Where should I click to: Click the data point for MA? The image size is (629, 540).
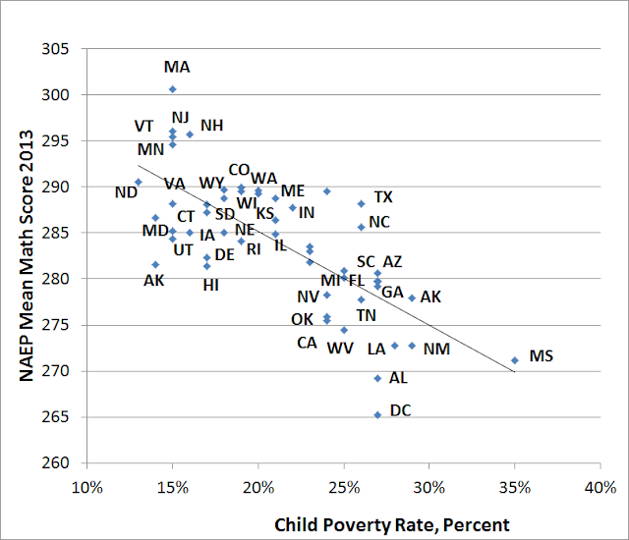point(173,89)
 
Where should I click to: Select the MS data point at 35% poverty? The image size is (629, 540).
point(514,360)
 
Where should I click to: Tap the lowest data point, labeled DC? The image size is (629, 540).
point(377,415)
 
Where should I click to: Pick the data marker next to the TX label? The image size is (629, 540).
point(361,203)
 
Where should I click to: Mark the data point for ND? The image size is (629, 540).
point(139,183)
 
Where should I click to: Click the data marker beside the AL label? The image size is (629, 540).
point(377,378)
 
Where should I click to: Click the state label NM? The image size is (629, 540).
point(436,349)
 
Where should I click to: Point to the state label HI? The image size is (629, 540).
point(211,285)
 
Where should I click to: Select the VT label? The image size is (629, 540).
point(144,127)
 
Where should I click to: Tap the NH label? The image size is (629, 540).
point(211,126)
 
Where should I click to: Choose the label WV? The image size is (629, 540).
point(340,348)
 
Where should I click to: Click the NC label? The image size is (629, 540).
point(379,222)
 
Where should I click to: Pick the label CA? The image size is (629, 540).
point(308,343)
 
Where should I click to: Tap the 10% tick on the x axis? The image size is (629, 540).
point(87,486)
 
